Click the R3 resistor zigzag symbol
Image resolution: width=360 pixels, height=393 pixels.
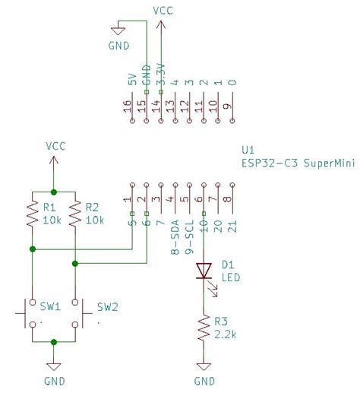coord(203,329)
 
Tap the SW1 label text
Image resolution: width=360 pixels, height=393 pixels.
coord(50,307)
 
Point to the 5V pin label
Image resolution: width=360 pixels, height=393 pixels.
coord(131,79)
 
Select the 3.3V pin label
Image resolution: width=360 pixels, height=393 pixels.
coord(160,74)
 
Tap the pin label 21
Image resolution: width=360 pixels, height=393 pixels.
coord(232,226)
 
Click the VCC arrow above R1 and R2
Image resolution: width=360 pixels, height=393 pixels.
coord(53,160)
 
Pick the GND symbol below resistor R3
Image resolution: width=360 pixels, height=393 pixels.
coord(203,366)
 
